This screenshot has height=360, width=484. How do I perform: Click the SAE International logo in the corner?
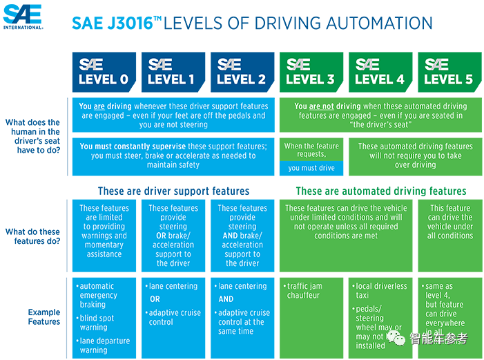pyautogui.click(x=23, y=17)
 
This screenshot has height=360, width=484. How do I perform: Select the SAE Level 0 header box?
pyautogui.click(x=104, y=72)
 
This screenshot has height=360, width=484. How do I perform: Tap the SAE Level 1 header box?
pyautogui.click(x=173, y=72)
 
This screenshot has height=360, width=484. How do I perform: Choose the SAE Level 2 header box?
pyautogui.click(x=242, y=72)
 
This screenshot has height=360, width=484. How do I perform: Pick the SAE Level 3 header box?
pyautogui.click(x=311, y=72)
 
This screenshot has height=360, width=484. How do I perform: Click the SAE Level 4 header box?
pyautogui.click(x=380, y=72)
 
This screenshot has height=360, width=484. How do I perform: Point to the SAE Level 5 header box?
pyautogui.click(x=449, y=72)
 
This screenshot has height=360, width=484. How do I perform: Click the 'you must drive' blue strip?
pyautogui.click(x=311, y=168)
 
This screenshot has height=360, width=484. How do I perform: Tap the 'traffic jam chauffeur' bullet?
pyautogui.click(x=303, y=291)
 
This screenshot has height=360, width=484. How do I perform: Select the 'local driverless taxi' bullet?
pyautogui.click(x=380, y=291)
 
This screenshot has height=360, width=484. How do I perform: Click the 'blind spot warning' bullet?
pyautogui.click(x=95, y=323)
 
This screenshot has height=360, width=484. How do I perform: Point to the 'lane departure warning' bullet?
pyautogui.click(x=103, y=345)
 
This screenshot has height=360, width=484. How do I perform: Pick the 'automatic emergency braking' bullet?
pyautogui.click(x=97, y=295)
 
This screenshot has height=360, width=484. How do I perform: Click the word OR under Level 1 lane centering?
pyautogui.click(x=155, y=299)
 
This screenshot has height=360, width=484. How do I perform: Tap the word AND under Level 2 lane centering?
pyautogui.click(x=226, y=299)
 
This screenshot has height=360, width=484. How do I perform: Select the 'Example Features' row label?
pyautogui.click(x=44, y=316)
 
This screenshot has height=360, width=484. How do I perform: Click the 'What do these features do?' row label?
pyautogui.click(x=32, y=236)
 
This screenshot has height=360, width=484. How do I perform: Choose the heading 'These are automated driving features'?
pyautogui.click(x=381, y=191)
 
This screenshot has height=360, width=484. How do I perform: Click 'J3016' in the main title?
pyautogui.click(x=130, y=23)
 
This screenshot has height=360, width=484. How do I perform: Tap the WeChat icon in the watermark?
pyautogui.click(x=396, y=337)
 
